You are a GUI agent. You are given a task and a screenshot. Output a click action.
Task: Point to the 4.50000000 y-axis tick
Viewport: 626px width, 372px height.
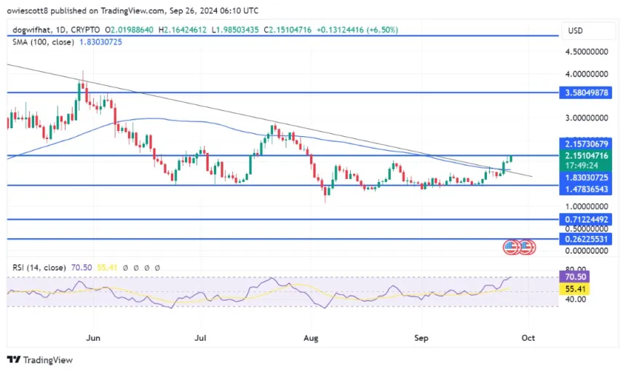tap(588, 52)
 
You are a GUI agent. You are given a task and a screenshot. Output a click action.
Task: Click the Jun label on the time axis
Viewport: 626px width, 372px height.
tap(92, 338)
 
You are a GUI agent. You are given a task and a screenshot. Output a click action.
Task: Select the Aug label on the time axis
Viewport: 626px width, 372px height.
tap(312, 338)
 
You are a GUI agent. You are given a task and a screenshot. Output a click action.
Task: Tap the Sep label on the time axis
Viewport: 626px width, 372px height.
tap(421, 338)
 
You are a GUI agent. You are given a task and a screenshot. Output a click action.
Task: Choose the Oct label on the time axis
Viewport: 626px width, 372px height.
tap(528, 338)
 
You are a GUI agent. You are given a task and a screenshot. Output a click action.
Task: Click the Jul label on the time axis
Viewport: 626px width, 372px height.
tap(202, 338)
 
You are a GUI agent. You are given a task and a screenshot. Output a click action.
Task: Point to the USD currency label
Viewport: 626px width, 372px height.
tap(574, 31)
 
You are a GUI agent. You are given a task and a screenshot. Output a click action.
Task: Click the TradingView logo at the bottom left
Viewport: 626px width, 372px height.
tap(40, 360)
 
